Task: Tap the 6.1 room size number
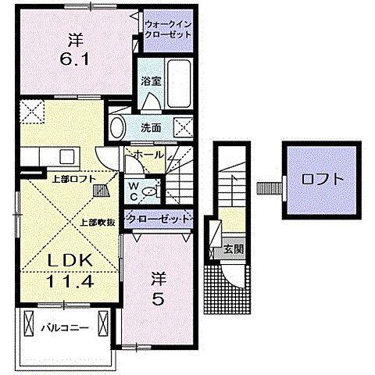(x=76, y=57)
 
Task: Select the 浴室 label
(x=151, y=80)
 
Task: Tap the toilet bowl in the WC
(x=152, y=187)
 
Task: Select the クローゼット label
(x=159, y=220)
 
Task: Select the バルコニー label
(x=64, y=328)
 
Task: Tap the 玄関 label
(x=233, y=250)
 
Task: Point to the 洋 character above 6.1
(x=77, y=37)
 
